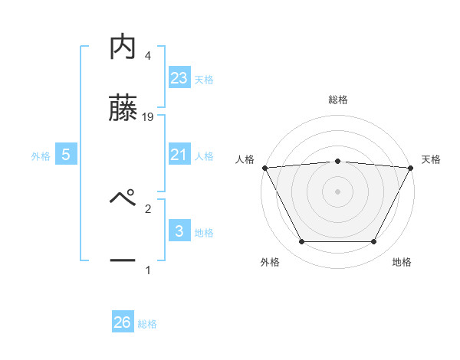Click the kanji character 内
[x=123, y=47]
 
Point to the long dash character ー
[x=123, y=261]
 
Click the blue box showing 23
[x=179, y=77]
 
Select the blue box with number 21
[x=179, y=154]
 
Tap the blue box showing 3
[x=179, y=231]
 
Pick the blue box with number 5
[x=66, y=155]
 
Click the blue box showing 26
[x=123, y=322]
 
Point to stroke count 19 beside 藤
[x=149, y=117]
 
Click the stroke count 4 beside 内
[x=148, y=56]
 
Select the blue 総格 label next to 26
[x=147, y=324]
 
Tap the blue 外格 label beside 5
[x=41, y=155]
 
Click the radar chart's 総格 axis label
[x=338, y=100]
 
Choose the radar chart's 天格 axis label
[x=431, y=159]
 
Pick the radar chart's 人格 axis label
[x=245, y=159]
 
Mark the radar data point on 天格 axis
[x=412, y=168]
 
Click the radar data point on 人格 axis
[x=264, y=168]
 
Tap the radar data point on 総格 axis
[x=338, y=161]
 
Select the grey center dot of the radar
[x=338, y=191]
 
